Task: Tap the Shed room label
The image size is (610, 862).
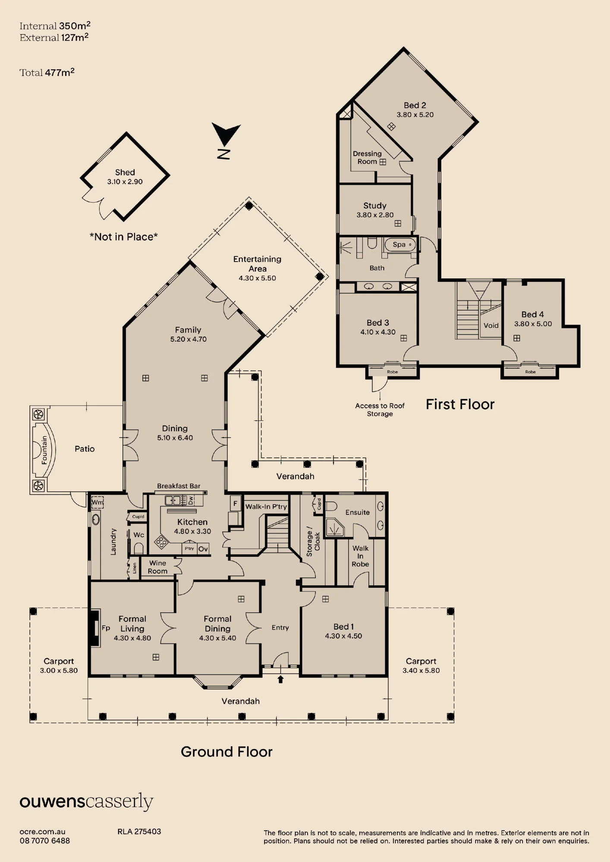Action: (125, 172)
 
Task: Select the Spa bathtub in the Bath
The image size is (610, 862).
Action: (399, 245)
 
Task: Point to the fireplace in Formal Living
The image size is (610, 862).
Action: (94, 628)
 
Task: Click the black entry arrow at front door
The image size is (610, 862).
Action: (281, 679)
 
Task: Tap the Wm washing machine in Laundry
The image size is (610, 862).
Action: (97, 502)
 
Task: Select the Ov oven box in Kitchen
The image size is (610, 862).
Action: (203, 549)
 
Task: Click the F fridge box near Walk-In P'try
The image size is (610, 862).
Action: (235, 503)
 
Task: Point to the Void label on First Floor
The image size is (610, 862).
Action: (491, 325)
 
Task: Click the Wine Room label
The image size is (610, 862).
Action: (157, 567)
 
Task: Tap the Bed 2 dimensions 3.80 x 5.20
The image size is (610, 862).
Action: (415, 115)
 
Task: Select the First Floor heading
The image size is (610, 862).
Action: (460, 404)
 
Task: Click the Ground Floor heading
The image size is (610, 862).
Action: (226, 752)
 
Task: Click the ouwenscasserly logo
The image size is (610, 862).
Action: (86, 802)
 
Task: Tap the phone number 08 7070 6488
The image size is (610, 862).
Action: (44, 840)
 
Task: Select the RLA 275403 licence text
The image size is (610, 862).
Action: (139, 831)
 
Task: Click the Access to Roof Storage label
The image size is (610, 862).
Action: (380, 409)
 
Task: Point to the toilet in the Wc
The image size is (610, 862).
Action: (138, 548)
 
